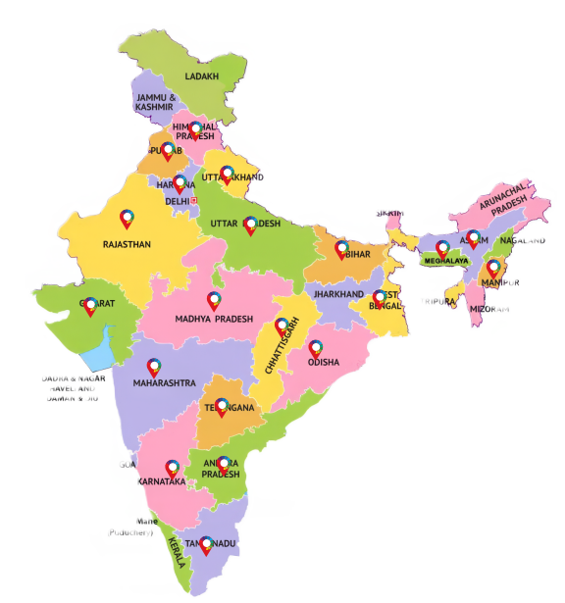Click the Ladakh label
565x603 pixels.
(x=202, y=75)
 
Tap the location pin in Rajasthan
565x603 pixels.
(x=127, y=219)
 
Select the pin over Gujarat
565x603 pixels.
(x=91, y=306)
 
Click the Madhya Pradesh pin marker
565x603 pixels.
(x=214, y=301)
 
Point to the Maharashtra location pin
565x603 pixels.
(x=153, y=368)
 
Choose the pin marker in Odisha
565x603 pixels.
(x=316, y=349)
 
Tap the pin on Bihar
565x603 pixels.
(x=341, y=249)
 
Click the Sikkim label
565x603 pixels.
(x=388, y=213)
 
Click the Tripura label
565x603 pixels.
(x=437, y=301)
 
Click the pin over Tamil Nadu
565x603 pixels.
(x=206, y=544)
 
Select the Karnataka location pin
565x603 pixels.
(x=174, y=469)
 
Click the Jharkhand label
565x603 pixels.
(x=338, y=294)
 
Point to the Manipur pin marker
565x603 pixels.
(x=493, y=267)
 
